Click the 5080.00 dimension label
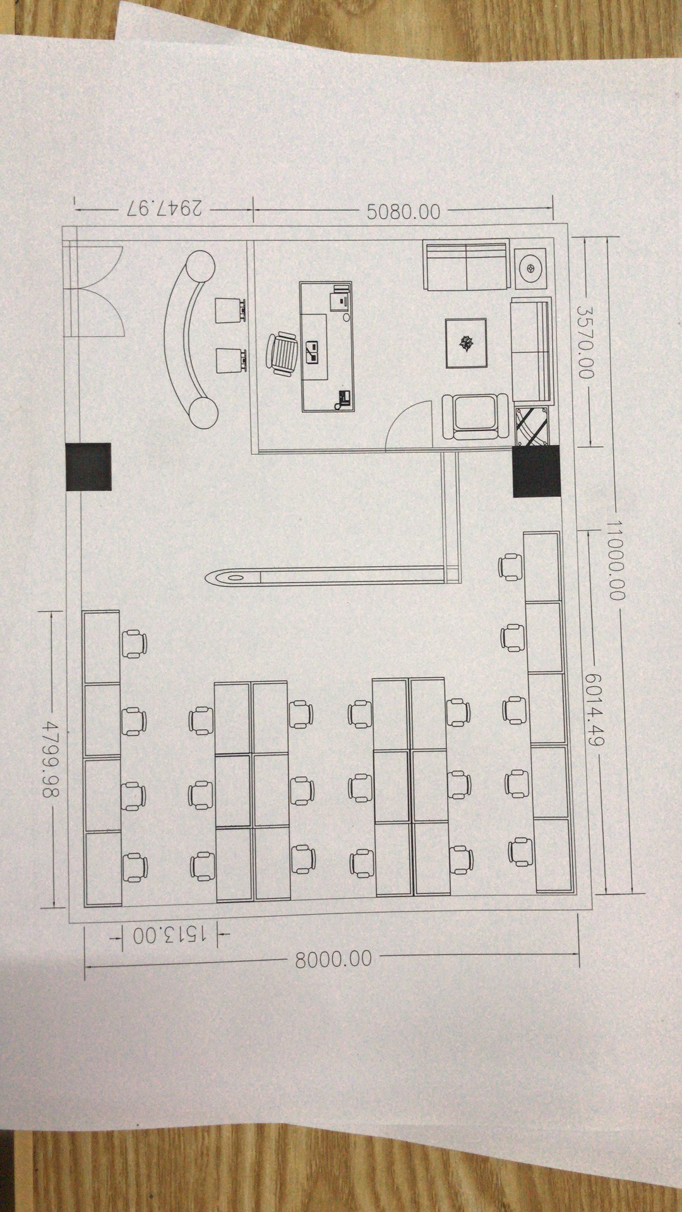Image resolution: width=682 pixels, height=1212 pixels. tap(403, 211)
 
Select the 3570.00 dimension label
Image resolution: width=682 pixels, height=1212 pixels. tap(586, 342)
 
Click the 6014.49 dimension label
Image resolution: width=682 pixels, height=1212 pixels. tap(594, 709)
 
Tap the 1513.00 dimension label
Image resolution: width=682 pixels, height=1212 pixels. tap(169, 935)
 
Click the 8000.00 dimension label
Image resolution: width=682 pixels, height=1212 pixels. tap(333, 959)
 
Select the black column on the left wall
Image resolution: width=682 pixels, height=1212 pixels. tap(88, 466)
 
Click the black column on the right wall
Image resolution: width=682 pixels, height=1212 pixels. tap(536, 470)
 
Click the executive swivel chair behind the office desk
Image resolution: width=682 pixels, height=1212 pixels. tap(282, 354)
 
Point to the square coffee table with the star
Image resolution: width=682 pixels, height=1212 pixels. tap(466, 343)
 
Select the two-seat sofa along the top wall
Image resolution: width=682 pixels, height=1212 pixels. tap(466, 265)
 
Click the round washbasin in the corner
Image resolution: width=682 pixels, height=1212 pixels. tap(530, 268)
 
